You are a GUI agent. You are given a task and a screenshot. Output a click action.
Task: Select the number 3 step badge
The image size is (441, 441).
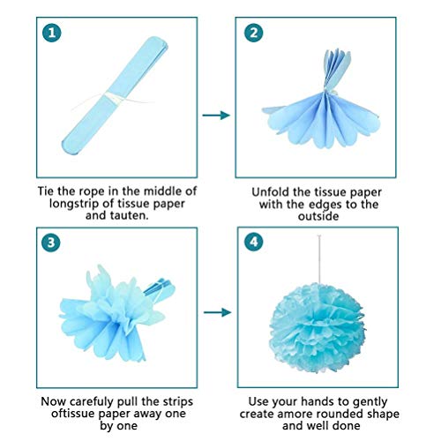tap(54, 241)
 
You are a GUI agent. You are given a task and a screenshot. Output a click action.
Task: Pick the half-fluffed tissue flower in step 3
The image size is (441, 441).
tap(106, 304)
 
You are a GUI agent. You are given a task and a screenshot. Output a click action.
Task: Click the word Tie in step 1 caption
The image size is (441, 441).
tap(49, 191)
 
